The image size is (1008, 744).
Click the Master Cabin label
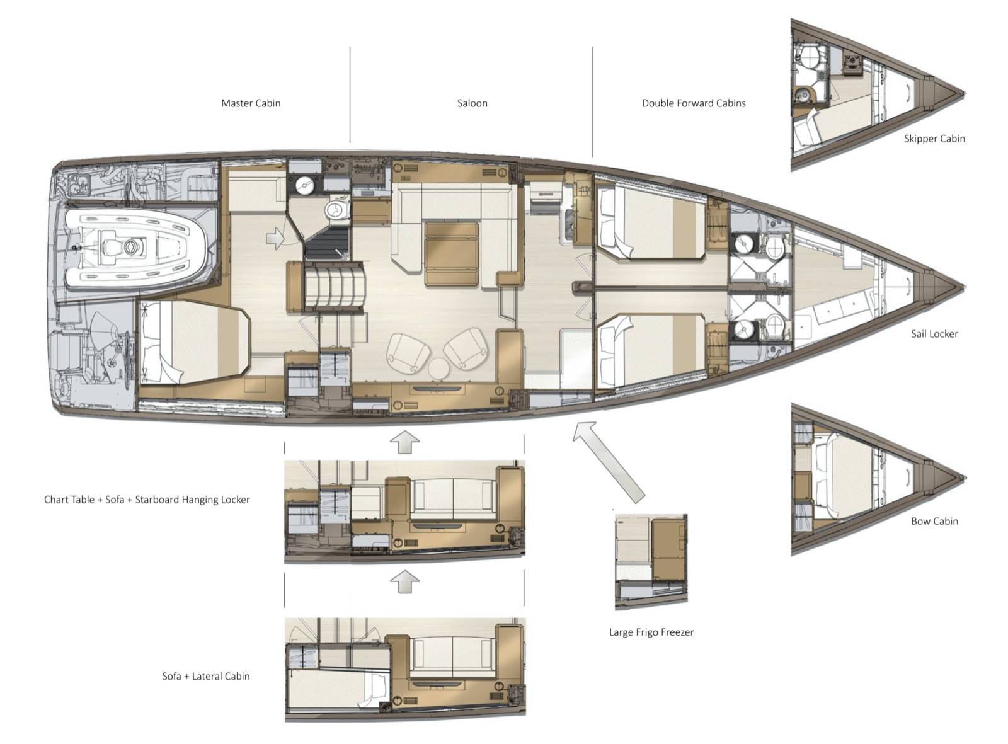pyautogui.click(x=250, y=103)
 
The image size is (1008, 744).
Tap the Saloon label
pyautogui.click(x=472, y=103)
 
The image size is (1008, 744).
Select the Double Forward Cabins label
pyautogui.click(x=694, y=103)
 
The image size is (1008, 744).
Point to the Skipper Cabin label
pyautogui.click(x=934, y=139)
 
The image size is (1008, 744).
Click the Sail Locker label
pyautogui.click(x=934, y=334)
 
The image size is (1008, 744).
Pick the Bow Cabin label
pyautogui.click(x=934, y=521)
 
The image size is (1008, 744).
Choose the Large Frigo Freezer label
pyautogui.click(x=651, y=632)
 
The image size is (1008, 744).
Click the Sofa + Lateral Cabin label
pyautogui.click(x=206, y=677)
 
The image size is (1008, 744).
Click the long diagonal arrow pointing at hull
pyautogui.click(x=608, y=462)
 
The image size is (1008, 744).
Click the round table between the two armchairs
pyautogui.click(x=439, y=369)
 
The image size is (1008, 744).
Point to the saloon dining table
pyautogui.click(x=452, y=254)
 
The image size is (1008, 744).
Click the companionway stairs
pyautogui.click(x=334, y=288)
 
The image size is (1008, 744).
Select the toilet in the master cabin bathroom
pyautogui.click(x=337, y=210)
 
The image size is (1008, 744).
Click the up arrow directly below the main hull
pyautogui.click(x=404, y=442)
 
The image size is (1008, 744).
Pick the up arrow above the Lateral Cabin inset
pyautogui.click(x=404, y=581)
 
